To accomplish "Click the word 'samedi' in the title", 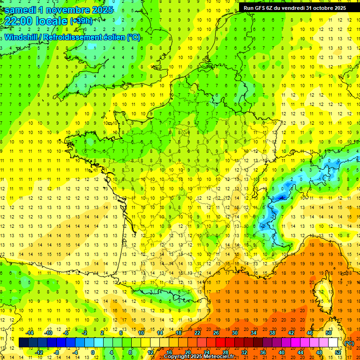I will coord(21,9).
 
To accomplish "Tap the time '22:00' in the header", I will coord(20,21).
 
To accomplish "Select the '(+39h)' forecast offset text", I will coord(82,21).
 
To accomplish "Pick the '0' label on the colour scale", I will coord(93,352).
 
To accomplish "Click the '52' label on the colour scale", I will coord(337,352).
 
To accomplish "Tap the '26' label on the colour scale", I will coord(216,333).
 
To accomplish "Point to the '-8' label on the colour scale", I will coord(56,352).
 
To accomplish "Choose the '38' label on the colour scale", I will coord(272,333).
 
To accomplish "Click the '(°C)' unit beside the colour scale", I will coord(349,343).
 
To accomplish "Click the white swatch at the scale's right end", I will coord(333,343).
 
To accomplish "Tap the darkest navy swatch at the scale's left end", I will coord(23,343).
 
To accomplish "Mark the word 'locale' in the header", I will coord(52,21).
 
